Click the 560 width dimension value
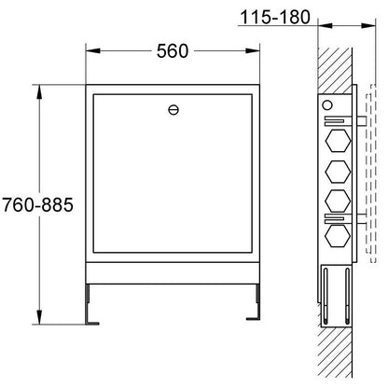[173, 51]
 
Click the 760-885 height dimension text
[38, 205]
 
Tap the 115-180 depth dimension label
[275, 18]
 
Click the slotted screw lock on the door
[173, 110]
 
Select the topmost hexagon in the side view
[338, 141]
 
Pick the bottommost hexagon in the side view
[338, 235]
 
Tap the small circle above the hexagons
[327, 105]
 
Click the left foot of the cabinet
[91, 305]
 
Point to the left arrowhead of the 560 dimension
[93, 51]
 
